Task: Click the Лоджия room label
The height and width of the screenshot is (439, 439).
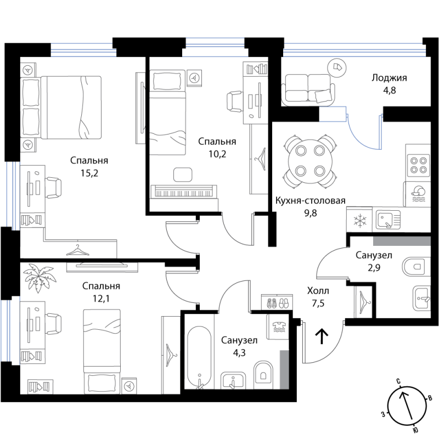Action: click(x=389, y=78)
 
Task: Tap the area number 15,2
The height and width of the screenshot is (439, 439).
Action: click(x=89, y=173)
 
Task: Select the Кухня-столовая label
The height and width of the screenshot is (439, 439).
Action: click(x=310, y=200)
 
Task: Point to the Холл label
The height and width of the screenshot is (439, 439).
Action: click(x=318, y=291)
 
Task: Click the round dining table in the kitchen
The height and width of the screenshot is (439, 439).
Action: click(x=310, y=160)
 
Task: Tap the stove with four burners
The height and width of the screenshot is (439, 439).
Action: click(x=419, y=165)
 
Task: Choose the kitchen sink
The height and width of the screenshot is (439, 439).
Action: click(x=388, y=221)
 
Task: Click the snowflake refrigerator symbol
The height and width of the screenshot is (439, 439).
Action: click(x=359, y=220)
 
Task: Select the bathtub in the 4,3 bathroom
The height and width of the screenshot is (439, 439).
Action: click(x=199, y=358)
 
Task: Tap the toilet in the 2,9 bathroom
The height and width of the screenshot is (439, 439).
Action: click(x=416, y=266)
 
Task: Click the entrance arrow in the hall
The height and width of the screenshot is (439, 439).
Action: click(x=322, y=336)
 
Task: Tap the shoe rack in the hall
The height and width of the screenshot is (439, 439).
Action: click(x=277, y=302)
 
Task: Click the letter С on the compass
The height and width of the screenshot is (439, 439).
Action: click(x=398, y=381)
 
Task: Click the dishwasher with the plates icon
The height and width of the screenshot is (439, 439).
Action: click(x=417, y=194)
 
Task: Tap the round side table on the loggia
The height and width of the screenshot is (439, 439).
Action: click(x=337, y=67)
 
